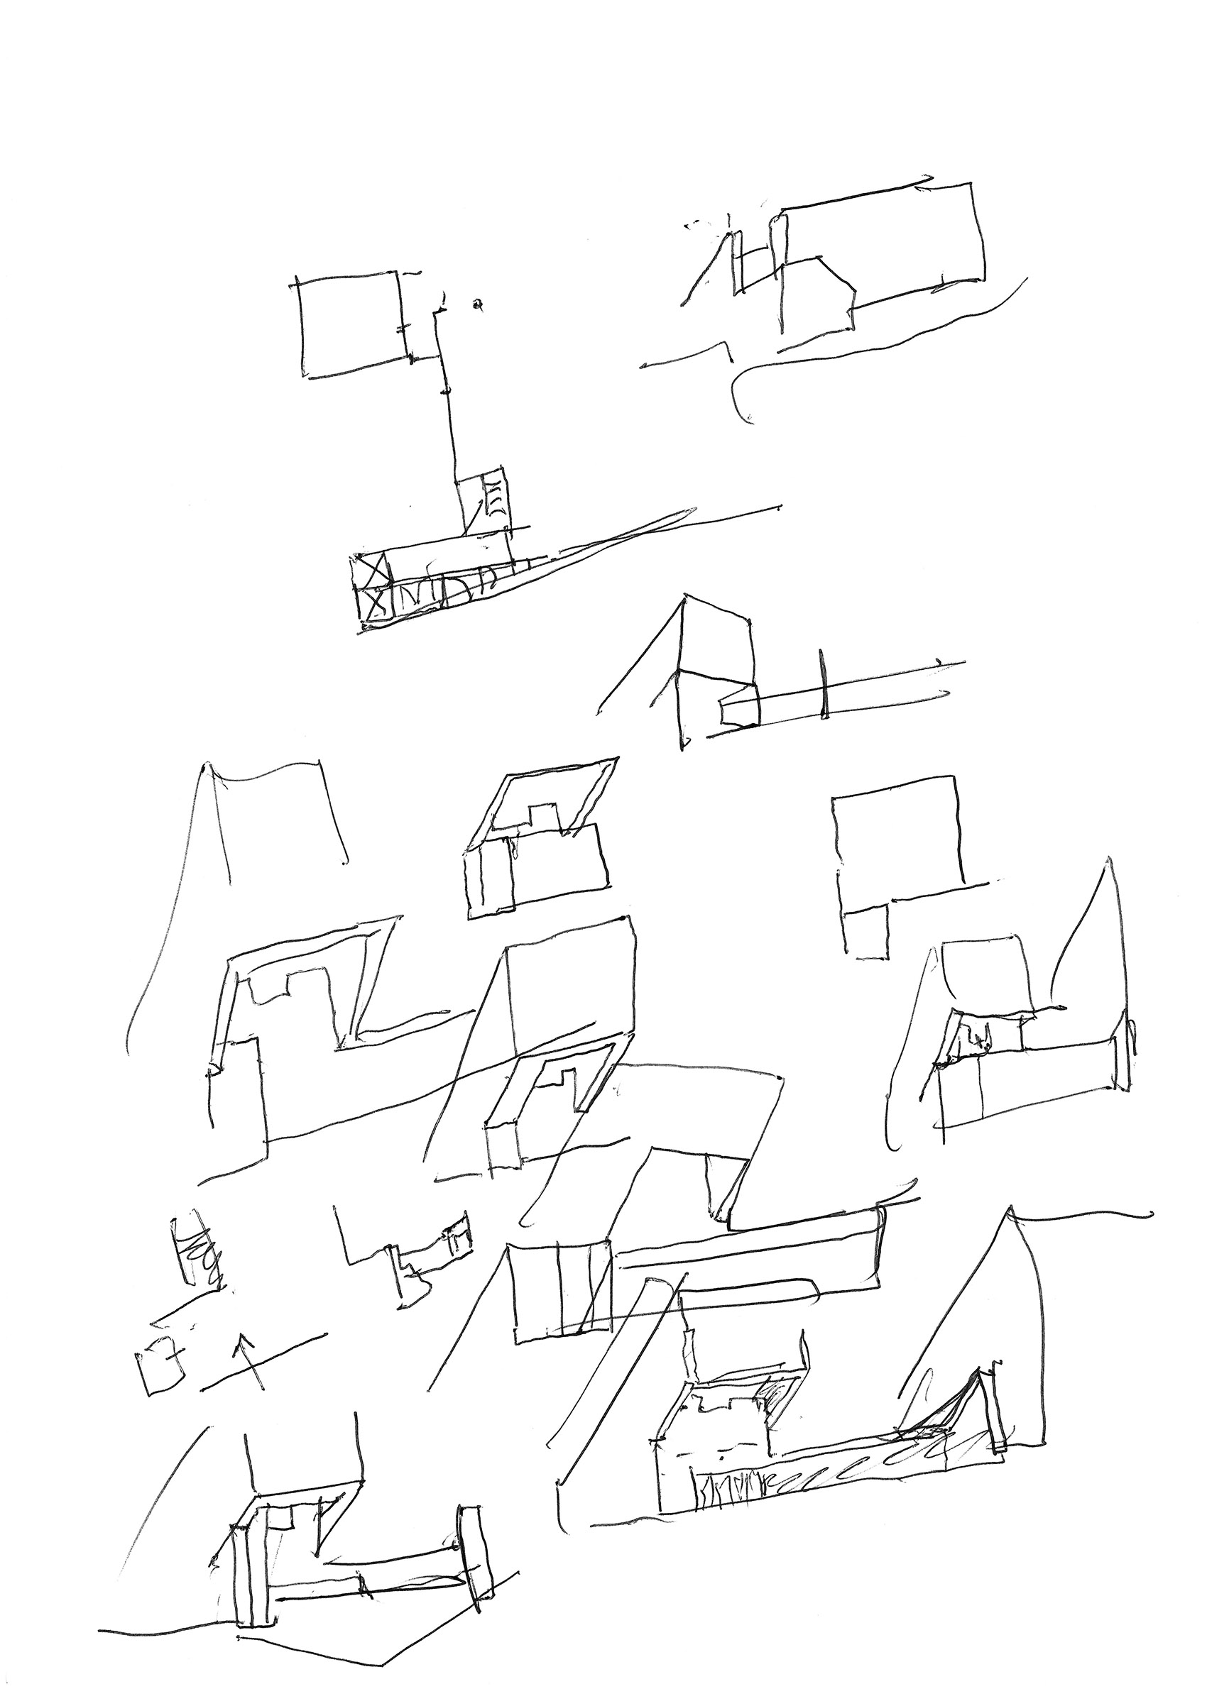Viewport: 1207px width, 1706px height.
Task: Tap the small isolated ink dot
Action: [x=478, y=302]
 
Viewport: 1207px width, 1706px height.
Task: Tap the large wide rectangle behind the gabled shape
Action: [x=885, y=238]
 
